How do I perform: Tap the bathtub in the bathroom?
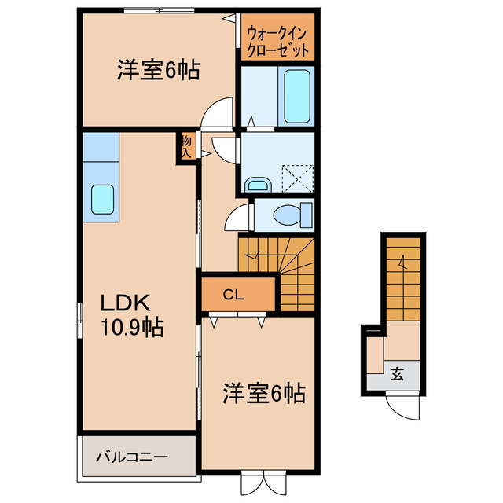[296, 95]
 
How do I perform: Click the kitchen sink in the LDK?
[104, 200]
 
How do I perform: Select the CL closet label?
[233, 296]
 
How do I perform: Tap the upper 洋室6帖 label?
[157, 71]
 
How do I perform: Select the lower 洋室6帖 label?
[263, 391]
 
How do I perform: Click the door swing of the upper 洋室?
[217, 112]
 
